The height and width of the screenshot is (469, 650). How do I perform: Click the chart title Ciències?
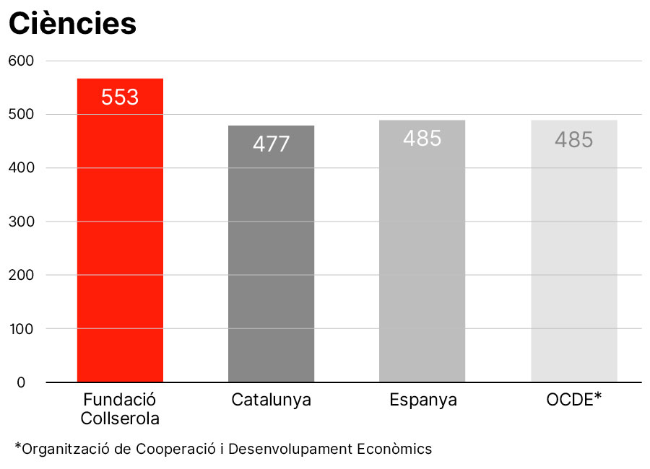[72, 24]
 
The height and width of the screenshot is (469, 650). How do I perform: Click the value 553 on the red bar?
[120, 97]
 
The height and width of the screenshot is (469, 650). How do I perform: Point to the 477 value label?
[271, 144]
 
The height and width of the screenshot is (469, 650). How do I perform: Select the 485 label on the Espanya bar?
[422, 139]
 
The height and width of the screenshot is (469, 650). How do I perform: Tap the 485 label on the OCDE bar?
[573, 139]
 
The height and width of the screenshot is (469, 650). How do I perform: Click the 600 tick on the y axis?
[22, 61]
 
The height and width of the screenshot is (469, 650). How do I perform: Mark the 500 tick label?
[22, 115]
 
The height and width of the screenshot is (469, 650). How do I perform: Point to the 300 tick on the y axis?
[22, 222]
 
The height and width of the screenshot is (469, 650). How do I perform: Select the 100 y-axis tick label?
[22, 329]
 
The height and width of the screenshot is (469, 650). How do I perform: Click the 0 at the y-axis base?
[22, 382]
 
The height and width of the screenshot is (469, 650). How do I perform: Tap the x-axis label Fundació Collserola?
[120, 408]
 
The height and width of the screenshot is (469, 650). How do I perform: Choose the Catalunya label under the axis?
[271, 400]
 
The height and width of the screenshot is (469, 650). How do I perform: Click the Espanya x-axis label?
[422, 400]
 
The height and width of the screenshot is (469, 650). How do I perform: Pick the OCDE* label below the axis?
[574, 399]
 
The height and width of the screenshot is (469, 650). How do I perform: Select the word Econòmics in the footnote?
[394, 449]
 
